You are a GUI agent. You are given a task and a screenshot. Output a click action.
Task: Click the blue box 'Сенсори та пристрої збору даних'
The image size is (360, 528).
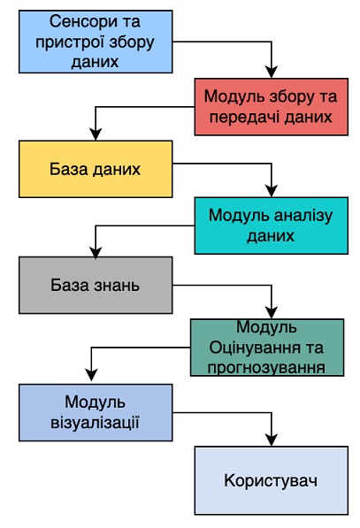pos(96,42)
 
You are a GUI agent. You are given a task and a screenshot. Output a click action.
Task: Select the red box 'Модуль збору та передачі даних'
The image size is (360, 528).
pos(271,107)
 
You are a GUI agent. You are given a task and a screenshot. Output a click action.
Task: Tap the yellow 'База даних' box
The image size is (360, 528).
pos(96,169)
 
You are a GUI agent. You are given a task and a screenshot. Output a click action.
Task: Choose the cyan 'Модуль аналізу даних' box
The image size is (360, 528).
pos(271,226)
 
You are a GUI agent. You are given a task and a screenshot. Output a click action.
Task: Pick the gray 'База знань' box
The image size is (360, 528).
pos(96,285)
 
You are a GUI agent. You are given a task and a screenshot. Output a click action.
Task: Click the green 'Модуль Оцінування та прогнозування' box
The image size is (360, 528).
pos(267,348)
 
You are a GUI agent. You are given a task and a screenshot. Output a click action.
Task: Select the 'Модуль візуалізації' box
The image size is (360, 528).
pos(96,412)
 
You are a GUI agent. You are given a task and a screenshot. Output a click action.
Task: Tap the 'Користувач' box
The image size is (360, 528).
pos(271,480)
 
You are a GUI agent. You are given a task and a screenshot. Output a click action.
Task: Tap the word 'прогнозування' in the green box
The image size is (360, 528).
pos(266,368)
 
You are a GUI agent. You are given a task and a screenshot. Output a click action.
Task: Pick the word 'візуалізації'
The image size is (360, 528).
pos(95,423)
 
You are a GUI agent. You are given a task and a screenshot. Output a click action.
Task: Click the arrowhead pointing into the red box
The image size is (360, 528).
pos(272,73)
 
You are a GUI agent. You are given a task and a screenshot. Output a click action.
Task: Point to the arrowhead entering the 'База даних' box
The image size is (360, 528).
pos(96,134)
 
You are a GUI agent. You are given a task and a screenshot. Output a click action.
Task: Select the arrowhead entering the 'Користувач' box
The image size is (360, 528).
pos(272,440)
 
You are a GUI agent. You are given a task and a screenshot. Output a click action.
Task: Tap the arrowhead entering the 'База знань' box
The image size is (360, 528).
pos(96,252)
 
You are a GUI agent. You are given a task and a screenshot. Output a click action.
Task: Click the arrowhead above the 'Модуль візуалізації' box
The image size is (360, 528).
pos(92,375)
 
